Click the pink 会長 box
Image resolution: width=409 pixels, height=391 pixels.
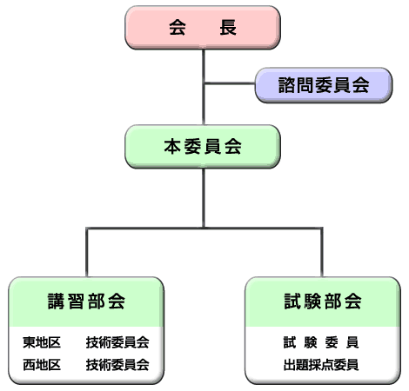(x=203, y=28)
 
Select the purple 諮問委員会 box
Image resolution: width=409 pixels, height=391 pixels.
(x=324, y=85)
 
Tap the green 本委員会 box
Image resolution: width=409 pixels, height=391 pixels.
(x=203, y=147)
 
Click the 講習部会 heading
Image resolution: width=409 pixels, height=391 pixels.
(x=86, y=302)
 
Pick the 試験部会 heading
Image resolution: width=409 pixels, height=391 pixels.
(x=323, y=302)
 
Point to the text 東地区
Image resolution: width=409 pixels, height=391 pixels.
(x=42, y=342)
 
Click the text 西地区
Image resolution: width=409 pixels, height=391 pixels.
(x=42, y=365)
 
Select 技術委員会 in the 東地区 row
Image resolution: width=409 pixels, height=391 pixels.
(x=117, y=342)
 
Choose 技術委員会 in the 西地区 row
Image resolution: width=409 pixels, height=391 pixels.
(x=117, y=365)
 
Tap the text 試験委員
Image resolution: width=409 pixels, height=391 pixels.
(x=321, y=342)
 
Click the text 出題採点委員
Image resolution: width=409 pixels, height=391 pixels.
(x=321, y=365)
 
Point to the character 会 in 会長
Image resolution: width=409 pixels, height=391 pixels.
(x=178, y=28)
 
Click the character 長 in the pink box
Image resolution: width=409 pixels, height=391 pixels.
(x=228, y=28)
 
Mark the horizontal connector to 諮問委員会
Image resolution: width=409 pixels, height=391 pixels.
(x=229, y=83)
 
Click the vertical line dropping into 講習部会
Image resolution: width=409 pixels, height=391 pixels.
(x=87, y=252)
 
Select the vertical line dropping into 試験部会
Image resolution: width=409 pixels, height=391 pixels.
(x=322, y=252)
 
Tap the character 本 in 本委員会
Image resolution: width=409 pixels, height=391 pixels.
(x=172, y=147)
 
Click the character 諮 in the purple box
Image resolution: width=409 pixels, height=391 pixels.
(x=286, y=85)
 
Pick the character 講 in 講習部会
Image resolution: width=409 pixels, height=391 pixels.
(x=57, y=302)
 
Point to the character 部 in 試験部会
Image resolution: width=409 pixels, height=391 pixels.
(x=332, y=302)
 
